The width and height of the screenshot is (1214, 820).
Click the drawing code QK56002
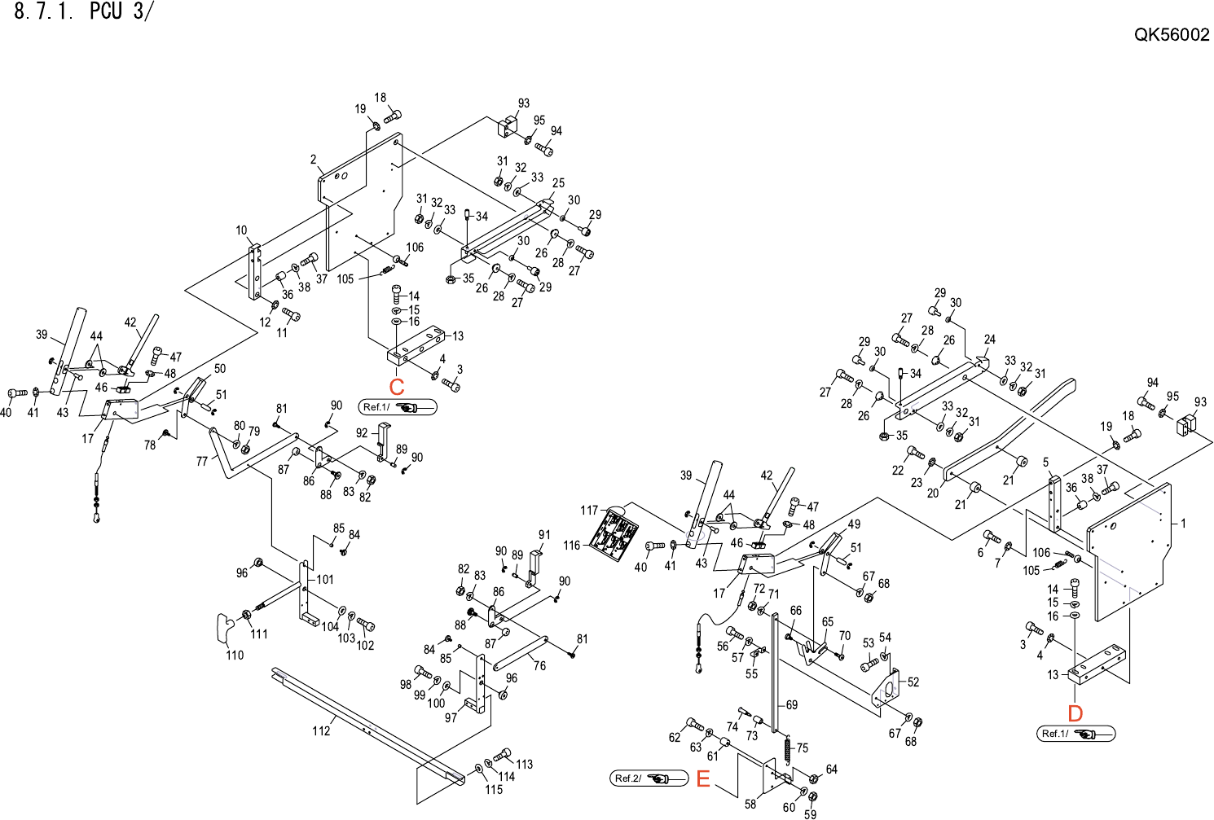click(1172, 35)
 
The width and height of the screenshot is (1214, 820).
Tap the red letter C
click(397, 387)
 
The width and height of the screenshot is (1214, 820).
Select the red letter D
click(1075, 713)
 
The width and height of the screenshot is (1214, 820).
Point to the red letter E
click(703, 779)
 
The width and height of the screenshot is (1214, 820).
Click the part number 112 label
click(321, 730)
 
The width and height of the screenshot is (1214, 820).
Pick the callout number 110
click(235, 655)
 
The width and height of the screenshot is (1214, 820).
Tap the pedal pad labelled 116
click(615, 534)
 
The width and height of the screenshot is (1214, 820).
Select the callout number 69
click(792, 705)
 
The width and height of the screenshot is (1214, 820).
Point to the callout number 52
click(913, 682)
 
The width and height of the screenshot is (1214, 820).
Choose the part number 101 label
click(325, 580)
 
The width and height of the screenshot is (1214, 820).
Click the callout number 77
click(202, 461)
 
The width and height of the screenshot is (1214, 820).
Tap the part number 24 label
click(989, 340)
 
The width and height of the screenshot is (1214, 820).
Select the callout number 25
click(558, 183)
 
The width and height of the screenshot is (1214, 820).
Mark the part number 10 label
click(241, 230)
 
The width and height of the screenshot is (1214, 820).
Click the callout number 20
click(933, 493)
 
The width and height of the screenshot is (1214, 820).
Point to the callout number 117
click(589, 511)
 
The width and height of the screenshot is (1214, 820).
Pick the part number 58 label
click(750, 804)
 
